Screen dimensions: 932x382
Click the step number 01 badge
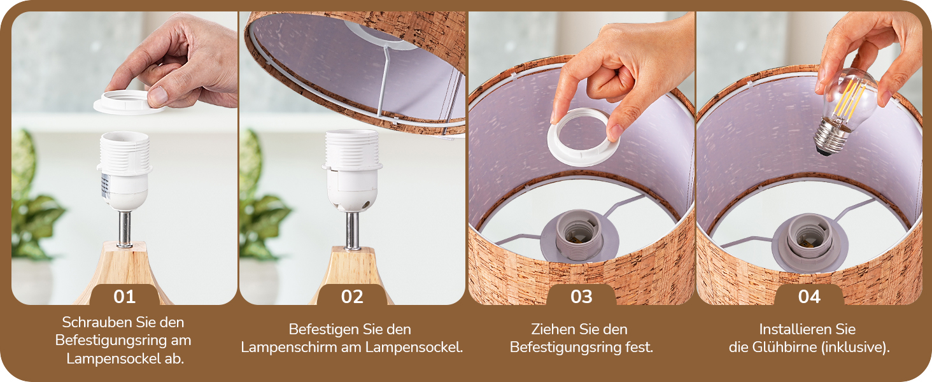click(x=124, y=295)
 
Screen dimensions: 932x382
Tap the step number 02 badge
click(x=352, y=295)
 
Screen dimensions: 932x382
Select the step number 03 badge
click(x=581, y=295)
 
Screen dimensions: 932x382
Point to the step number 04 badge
click(x=809, y=295)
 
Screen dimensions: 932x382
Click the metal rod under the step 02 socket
click(x=353, y=231)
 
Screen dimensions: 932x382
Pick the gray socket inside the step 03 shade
click(x=579, y=236)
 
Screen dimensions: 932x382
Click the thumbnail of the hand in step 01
click(x=179, y=62)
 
